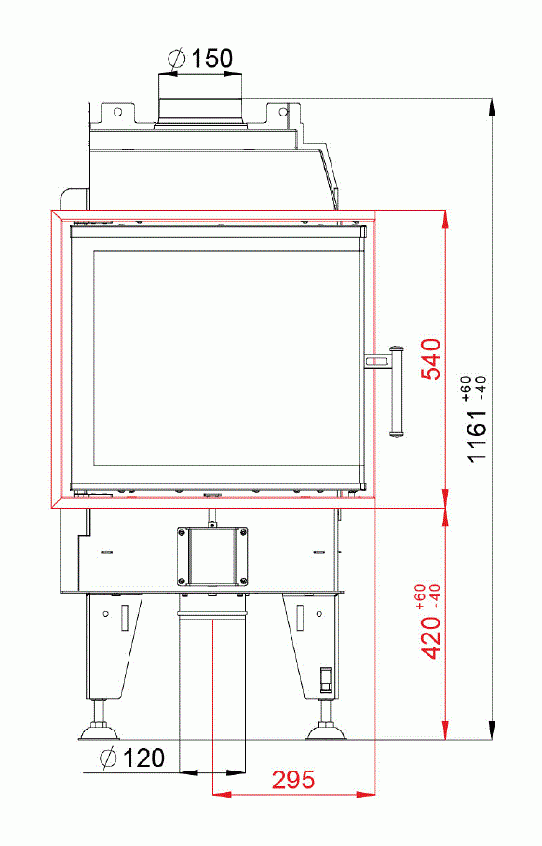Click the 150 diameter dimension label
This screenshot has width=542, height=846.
(x=213, y=59)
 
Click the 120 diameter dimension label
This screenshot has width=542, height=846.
(x=143, y=758)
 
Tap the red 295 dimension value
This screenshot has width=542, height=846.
(x=292, y=780)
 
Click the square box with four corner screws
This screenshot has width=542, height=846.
(x=214, y=556)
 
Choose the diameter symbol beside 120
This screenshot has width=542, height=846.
(x=108, y=758)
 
